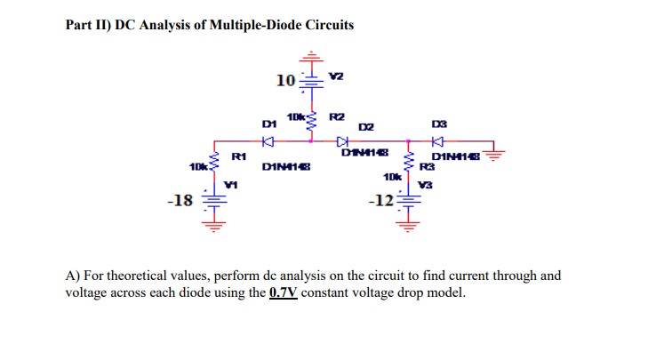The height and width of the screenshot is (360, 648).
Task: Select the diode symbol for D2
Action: click(342, 140)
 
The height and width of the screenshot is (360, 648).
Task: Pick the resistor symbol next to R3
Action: click(408, 161)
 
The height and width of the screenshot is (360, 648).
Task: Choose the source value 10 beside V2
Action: click(285, 81)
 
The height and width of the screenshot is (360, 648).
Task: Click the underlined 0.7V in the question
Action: click(283, 292)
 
